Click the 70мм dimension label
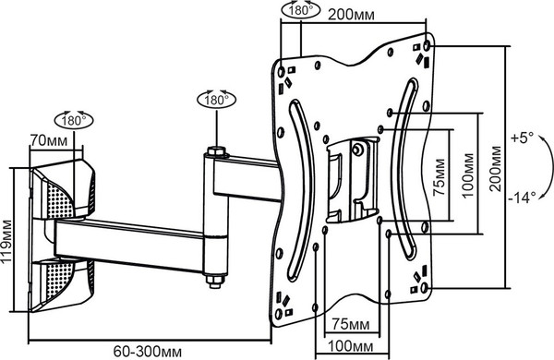[x=48, y=140]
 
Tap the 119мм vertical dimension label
[x=6, y=241]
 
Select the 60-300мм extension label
[x=148, y=352]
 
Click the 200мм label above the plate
[x=351, y=15]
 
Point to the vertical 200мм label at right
[x=496, y=169]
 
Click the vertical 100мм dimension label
[x=467, y=175]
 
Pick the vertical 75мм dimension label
[x=440, y=177]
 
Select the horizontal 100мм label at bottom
[x=351, y=346]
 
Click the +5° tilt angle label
[x=522, y=138]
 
